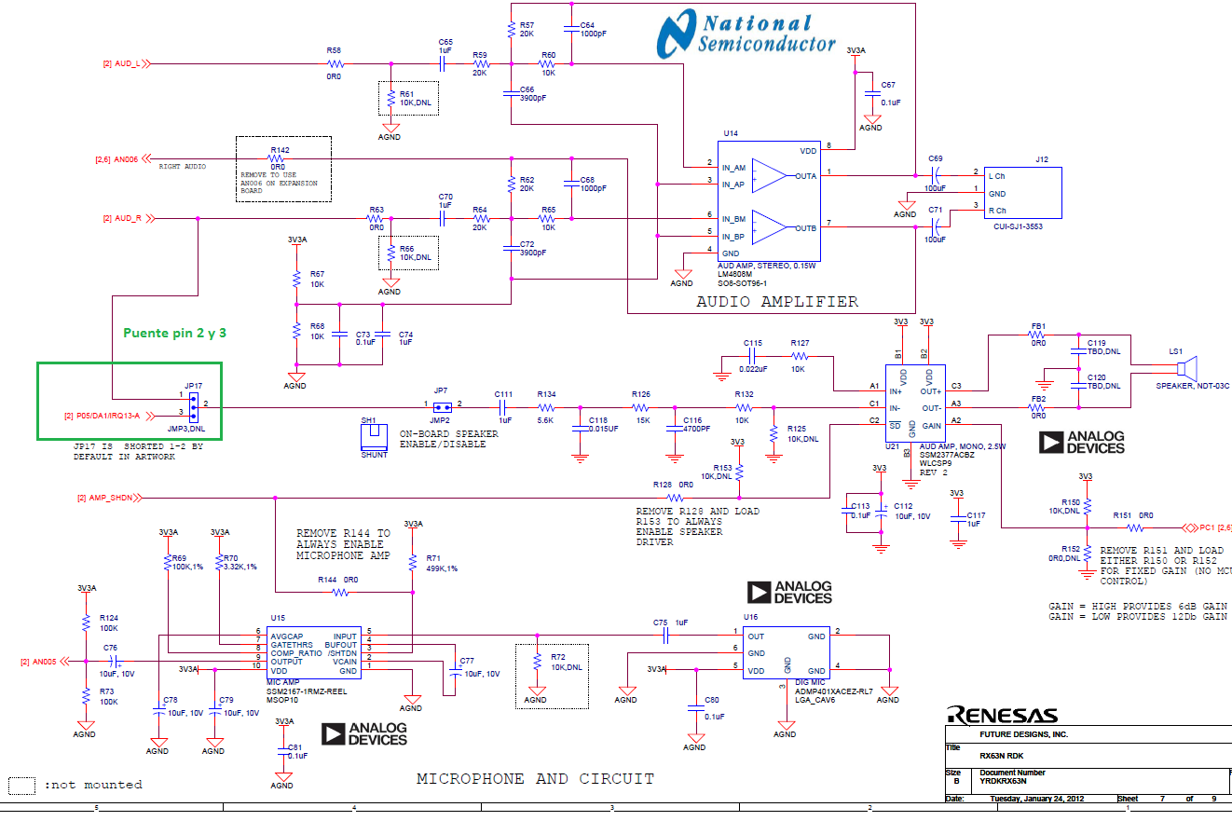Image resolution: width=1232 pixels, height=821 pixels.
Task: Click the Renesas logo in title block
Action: tap(1003, 716)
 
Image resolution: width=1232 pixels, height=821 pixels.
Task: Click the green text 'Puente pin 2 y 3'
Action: tap(175, 332)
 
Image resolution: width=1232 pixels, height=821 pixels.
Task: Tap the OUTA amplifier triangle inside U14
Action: tap(769, 175)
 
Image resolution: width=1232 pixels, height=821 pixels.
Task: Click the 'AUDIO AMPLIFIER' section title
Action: tap(777, 302)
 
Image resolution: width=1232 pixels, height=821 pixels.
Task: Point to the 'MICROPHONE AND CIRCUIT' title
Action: tap(535, 778)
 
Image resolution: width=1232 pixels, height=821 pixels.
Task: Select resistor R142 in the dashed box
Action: tap(278, 158)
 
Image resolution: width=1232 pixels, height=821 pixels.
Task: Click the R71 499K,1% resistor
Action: tap(412, 563)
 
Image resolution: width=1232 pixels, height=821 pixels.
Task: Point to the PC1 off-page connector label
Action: tap(1209, 527)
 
